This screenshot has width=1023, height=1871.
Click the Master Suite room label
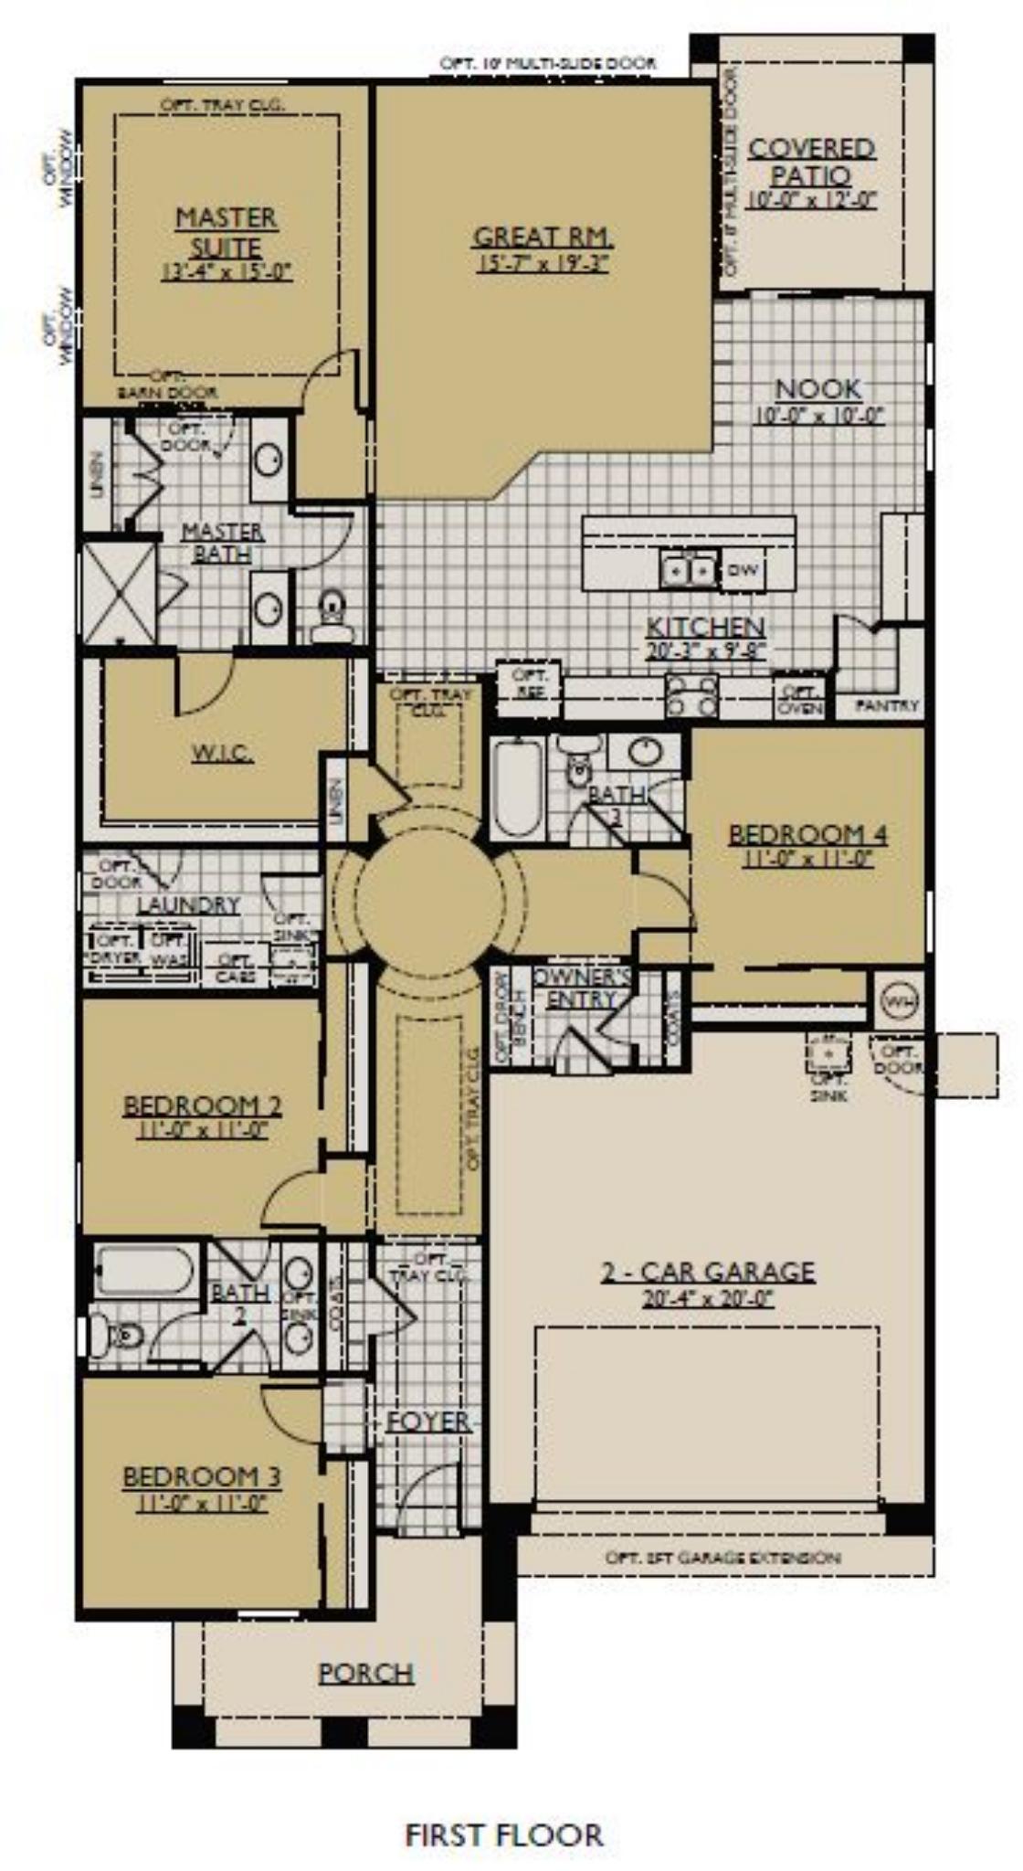[x=227, y=232]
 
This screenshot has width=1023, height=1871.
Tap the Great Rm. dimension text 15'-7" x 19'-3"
[x=543, y=265]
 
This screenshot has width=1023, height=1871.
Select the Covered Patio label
[x=811, y=162]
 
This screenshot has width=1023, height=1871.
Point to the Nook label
[x=818, y=389]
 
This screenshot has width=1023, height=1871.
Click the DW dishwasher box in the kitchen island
[x=744, y=571]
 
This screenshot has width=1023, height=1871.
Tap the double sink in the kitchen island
[x=689, y=570]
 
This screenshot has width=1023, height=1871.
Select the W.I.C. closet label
[x=222, y=754]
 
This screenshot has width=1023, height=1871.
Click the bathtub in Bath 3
[x=518, y=788]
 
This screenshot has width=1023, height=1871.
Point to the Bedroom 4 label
[x=808, y=834]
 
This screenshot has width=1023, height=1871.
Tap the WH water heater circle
[x=898, y=1001]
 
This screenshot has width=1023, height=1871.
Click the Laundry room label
[x=188, y=904]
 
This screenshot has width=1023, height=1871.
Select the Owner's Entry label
[x=582, y=988]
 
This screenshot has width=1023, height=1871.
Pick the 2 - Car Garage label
[x=708, y=1272]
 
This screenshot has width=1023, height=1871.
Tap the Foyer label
[x=428, y=1422]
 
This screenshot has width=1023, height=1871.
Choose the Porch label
[x=366, y=1673]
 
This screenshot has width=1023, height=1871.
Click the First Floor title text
[x=504, y=1810]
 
